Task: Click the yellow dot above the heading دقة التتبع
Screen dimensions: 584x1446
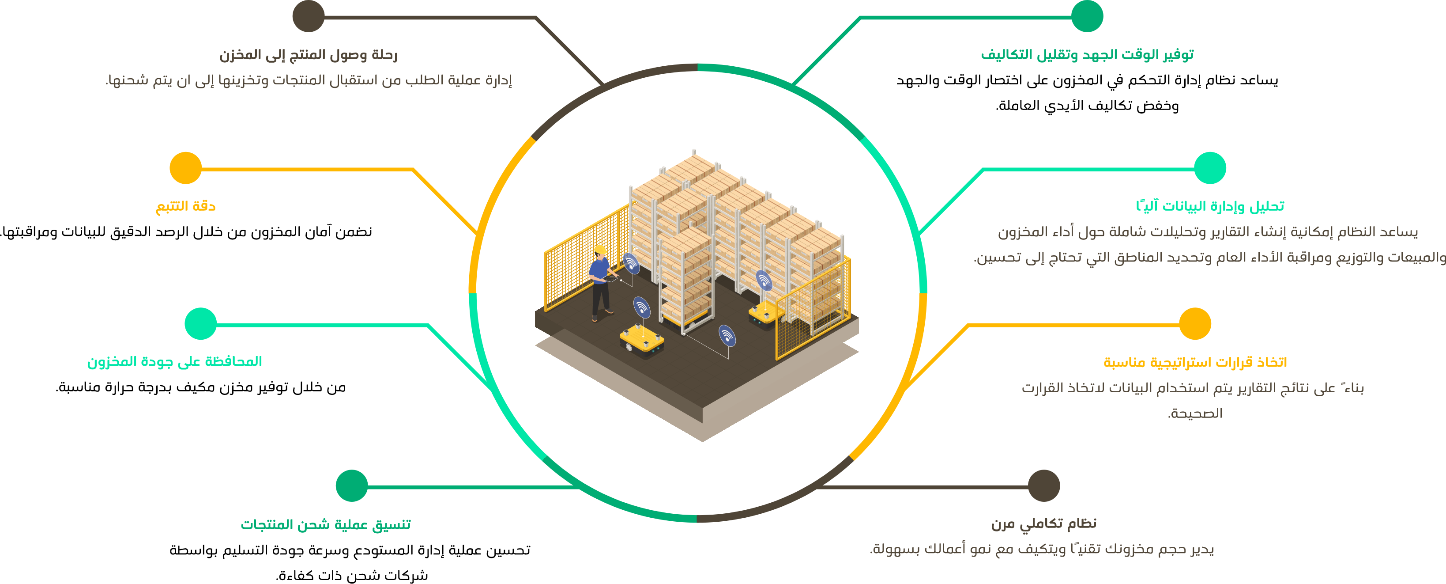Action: pyautogui.click(x=186, y=168)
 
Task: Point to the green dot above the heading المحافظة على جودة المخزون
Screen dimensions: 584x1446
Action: pyautogui.click(x=200, y=323)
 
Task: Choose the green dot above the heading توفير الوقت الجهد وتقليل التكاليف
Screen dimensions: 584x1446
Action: pyautogui.click(x=1087, y=16)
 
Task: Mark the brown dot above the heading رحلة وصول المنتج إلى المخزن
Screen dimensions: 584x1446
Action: pyautogui.click(x=308, y=16)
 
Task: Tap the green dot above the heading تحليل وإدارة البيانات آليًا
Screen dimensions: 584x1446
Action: pyautogui.click(x=1210, y=168)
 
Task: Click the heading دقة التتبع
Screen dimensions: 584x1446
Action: pyautogui.click(x=186, y=206)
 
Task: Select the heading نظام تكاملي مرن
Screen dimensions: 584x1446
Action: pyautogui.click(x=1043, y=523)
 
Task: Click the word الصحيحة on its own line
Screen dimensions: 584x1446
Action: pyautogui.click(x=1195, y=414)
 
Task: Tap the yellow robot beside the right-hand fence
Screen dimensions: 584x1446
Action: pyautogui.click(x=766, y=312)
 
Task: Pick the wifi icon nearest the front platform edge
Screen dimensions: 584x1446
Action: pyautogui.click(x=727, y=336)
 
